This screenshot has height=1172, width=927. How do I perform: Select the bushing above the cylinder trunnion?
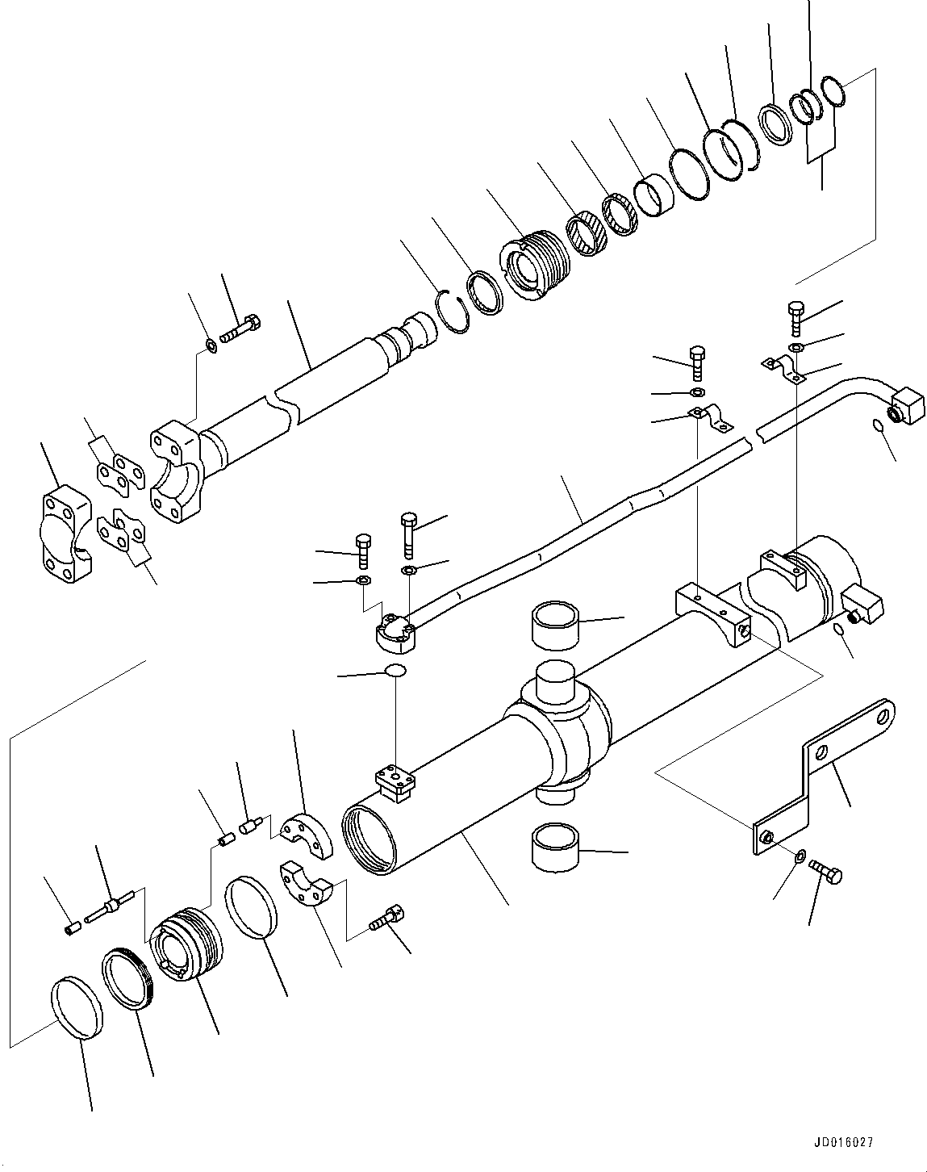(555, 623)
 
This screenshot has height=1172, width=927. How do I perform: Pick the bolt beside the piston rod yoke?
(240, 330)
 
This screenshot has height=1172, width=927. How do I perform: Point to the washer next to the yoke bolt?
(211, 346)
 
